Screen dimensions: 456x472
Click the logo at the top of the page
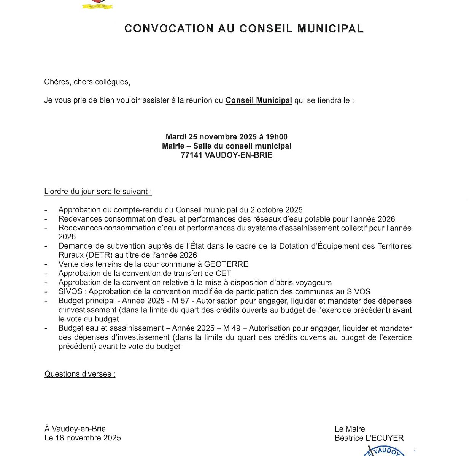tap(98, 5)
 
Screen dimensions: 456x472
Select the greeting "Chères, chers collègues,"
tap(87, 82)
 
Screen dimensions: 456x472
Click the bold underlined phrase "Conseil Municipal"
tap(259, 100)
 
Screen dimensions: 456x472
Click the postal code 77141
tap(191, 155)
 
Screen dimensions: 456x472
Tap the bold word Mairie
tap(173, 146)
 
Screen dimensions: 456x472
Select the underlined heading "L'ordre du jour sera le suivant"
tap(98, 192)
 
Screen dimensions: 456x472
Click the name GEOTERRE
tap(226, 264)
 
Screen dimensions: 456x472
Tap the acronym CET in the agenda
tap(223, 273)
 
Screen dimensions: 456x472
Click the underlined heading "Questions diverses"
tap(79, 374)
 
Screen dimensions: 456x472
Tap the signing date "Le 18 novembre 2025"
tap(83, 438)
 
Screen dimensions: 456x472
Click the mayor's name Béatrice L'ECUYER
tap(369, 438)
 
